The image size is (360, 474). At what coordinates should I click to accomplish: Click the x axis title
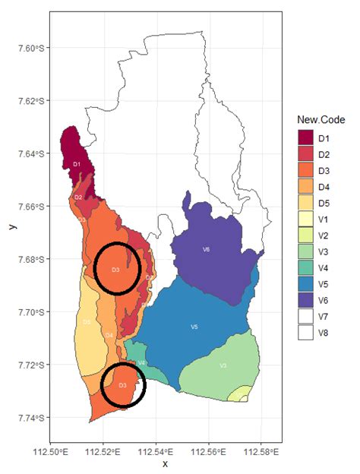tap(165, 464)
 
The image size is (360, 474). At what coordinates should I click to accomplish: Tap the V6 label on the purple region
tap(206, 249)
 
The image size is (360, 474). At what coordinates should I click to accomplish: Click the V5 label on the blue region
tap(194, 327)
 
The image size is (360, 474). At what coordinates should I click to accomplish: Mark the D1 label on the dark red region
tap(76, 164)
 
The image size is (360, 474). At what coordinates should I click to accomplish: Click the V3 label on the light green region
tap(223, 365)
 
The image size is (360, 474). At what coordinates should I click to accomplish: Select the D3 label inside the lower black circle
tap(122, 385)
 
